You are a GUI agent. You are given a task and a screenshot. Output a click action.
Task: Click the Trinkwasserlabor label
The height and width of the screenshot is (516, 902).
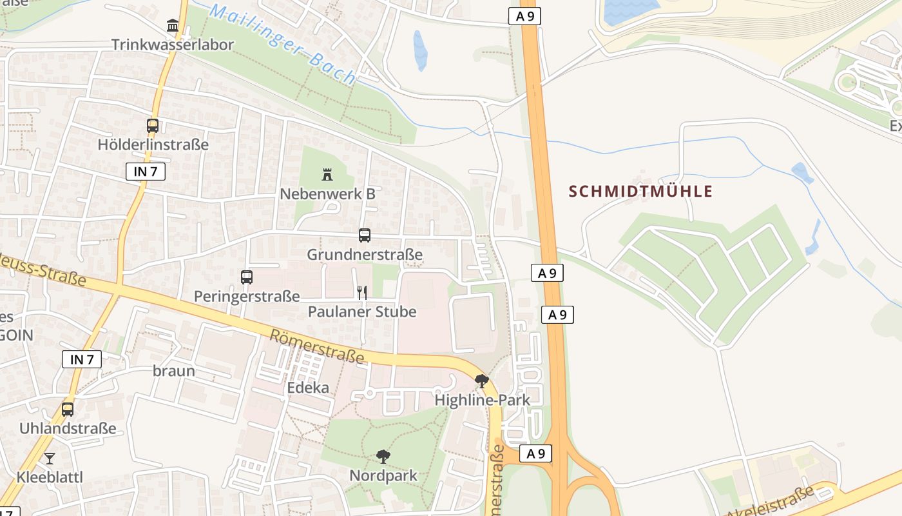(x=172, y=45)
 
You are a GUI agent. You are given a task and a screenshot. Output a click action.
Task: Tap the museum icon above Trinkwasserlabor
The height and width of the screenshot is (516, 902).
(x=173, y=26)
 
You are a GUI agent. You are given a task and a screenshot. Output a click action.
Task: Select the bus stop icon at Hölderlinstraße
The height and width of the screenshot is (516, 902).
(x=153, y=126)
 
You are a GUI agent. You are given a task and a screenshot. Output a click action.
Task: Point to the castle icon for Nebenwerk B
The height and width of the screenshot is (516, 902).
(x=327, y=174)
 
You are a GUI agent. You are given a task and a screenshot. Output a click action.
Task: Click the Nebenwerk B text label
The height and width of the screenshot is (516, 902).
(x=327, y=193)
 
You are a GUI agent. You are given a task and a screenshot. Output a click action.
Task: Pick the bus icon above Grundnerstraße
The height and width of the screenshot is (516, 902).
(x=365, y=235)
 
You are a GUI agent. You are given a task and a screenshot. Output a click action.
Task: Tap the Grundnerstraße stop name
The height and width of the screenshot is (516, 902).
(x=365, y=255)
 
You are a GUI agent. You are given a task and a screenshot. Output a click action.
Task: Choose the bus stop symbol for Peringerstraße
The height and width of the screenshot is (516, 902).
(x=247, y=277)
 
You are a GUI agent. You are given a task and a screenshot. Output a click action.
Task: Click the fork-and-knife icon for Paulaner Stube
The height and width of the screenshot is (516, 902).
(x=362, y=293)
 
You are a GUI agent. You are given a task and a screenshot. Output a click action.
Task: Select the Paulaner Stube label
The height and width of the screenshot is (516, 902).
(x=362, y=312)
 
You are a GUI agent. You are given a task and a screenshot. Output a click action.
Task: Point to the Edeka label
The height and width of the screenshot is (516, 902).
(x=308, y=388)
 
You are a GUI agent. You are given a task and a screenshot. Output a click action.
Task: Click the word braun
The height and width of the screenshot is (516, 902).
(x=174, y=371)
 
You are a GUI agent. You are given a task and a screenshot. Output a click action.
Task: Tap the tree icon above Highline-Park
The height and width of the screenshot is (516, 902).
(x=481, y=381)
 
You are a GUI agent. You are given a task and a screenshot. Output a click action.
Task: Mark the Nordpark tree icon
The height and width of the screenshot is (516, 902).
(x=383, y=457)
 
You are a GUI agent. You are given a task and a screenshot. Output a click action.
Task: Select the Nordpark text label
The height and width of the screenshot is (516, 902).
(x=383, y=476)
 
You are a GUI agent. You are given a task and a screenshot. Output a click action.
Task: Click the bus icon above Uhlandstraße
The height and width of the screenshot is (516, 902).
(x=68, y=409)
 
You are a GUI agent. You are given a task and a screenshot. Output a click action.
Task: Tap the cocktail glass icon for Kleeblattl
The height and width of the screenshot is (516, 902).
(x=50, y=459)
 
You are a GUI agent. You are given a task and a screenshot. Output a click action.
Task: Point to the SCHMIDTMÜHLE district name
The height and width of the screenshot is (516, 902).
(x=641, y=192)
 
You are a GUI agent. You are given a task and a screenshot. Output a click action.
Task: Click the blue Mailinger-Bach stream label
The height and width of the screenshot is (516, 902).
(x=283, y=44)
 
